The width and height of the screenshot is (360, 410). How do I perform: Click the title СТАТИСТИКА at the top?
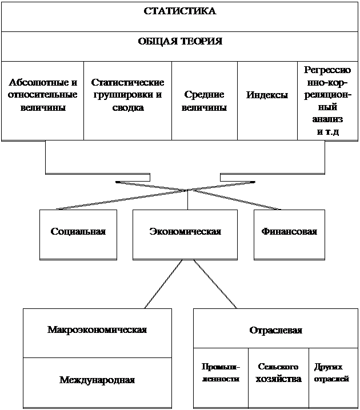(179, 11)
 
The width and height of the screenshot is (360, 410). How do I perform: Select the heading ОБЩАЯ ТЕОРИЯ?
(179, 42)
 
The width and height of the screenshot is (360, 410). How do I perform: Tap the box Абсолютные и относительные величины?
(42, 95)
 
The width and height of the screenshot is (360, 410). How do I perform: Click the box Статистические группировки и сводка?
(127, 95)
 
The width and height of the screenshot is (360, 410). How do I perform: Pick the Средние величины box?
(204, 101)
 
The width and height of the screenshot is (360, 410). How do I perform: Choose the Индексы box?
(267, 95)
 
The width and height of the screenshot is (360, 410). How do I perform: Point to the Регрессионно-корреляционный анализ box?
(327, 100)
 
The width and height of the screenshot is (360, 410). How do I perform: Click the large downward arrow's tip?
(185, 188)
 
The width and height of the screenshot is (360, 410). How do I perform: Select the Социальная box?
(78, 232)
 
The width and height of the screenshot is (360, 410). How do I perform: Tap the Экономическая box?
(185, 232)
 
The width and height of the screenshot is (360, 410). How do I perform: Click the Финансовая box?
(289, 232)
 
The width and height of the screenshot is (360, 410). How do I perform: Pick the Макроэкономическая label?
(97, 330)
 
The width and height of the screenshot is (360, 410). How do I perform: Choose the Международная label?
(97, 379)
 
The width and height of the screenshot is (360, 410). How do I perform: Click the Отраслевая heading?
(275, 330)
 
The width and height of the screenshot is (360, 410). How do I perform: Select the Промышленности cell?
(221, 373)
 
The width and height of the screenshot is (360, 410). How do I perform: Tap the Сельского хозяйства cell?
(278, 373)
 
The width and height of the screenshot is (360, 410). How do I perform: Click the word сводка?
(127, 107)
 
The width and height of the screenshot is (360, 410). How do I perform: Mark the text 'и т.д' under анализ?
(327, 131)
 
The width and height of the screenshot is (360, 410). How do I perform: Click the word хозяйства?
(278, 379)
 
